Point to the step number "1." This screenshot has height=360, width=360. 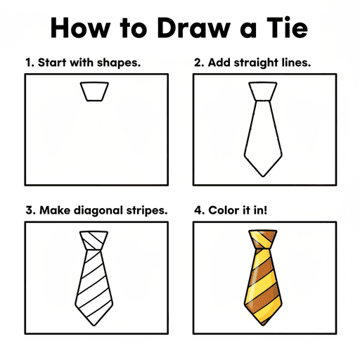[x=30, y=62]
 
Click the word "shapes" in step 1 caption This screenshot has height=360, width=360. [x=119, y=63]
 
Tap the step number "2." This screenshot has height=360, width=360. [x=199, y=62]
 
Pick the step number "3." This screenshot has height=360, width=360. [x=30, y=210]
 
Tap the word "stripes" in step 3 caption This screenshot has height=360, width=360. [x=145, y=210]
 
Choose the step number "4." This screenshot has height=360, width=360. [x=199, y=210]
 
